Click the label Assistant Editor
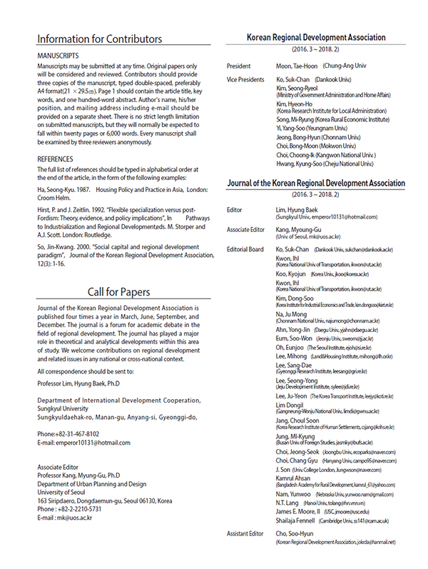250,533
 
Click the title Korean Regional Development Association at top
316,37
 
